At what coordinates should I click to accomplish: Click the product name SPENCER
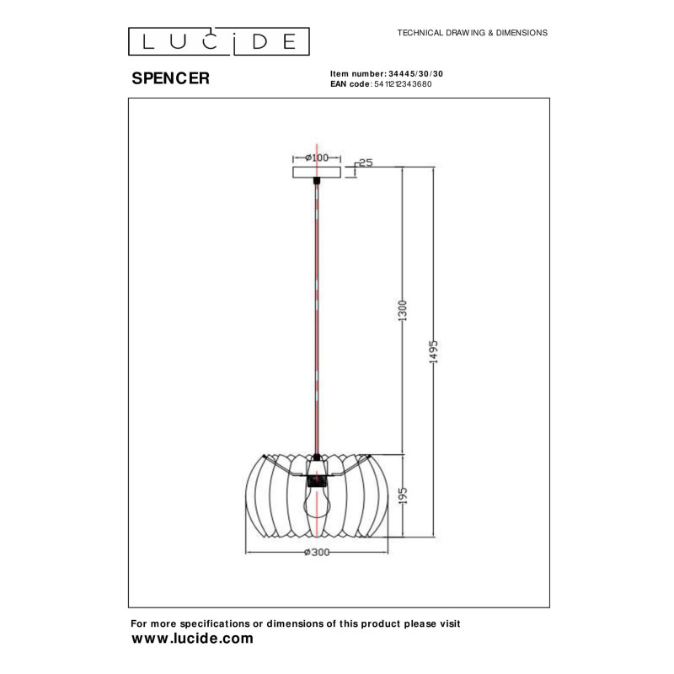(x=171, y=78)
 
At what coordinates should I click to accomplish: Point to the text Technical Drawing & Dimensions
(x=472, y=33)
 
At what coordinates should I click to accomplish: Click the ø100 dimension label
(x=316, y=158)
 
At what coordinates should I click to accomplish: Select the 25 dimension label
(x=365, y=163)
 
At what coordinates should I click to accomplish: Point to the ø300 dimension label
(x=316, y=553)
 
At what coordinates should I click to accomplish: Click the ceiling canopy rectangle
(x=316, y=173)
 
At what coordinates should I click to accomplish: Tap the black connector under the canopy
(x=316, y=182)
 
